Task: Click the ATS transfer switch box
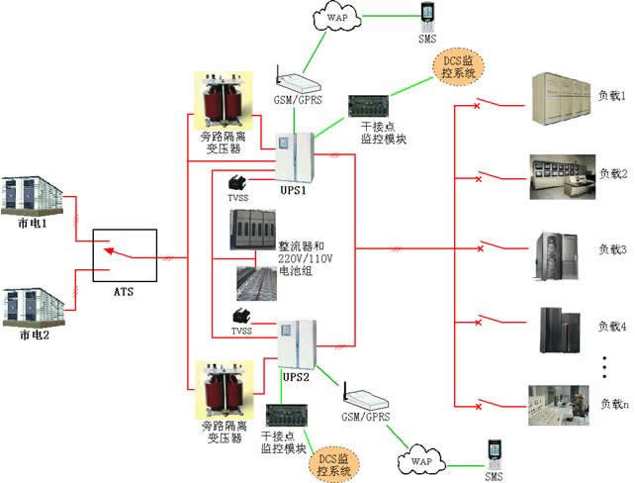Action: [125, 256]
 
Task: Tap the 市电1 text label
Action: [35, 225]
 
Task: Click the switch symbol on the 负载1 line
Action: [480, 103]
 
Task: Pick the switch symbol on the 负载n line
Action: [480, 403]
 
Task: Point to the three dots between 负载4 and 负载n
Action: [605, 365]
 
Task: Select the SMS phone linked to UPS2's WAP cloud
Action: [492, 456]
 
